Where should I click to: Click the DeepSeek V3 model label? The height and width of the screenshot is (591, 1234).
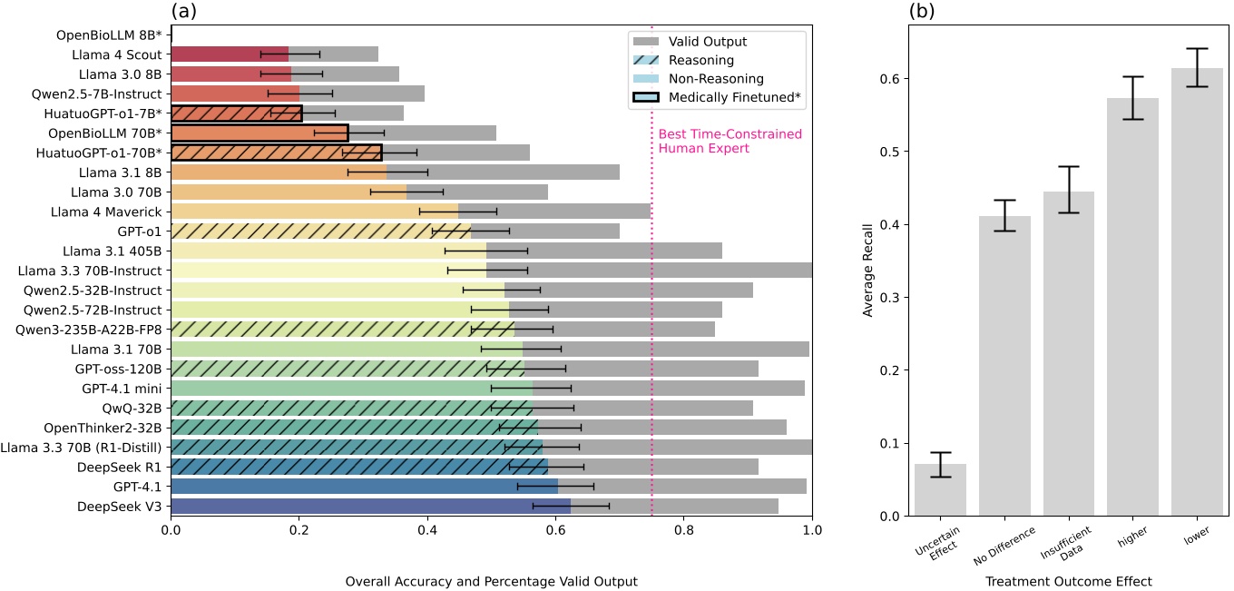click(x=119, y=506)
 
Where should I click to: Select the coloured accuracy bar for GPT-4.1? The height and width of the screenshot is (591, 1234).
click(x=363, y=486)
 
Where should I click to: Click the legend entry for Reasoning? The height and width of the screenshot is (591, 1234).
click(x=700, y=60)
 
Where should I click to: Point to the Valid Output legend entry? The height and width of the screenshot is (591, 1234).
click(x=708, y=42)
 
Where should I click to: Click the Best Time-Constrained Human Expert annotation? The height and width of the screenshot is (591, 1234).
click(x=730, y=141)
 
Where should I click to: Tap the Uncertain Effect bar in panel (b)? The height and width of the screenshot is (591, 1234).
click(x=940, y=489)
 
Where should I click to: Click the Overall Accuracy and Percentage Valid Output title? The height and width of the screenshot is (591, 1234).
click(x=491, y=580)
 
